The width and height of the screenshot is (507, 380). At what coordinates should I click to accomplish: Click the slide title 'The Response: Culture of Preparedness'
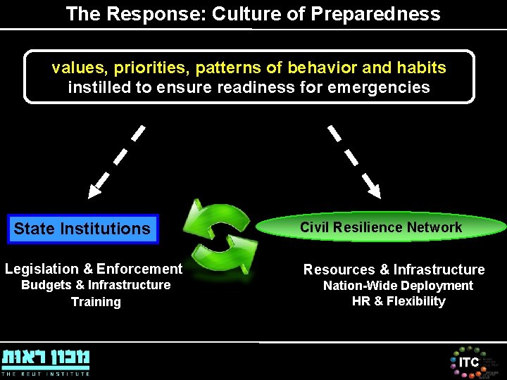tap(253, 14)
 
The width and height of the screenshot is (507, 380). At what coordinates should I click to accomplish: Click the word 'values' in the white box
tap(75, 68)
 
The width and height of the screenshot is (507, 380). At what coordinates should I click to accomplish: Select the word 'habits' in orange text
tap(423, 68)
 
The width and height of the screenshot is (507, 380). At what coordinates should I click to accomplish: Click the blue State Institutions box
tap(82, 229)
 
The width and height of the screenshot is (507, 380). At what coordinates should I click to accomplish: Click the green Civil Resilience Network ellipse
tap(381, 227)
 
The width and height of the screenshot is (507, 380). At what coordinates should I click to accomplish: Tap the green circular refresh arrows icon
tap(220, 240)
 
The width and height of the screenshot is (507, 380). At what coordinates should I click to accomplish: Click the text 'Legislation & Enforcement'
tap(94, 269)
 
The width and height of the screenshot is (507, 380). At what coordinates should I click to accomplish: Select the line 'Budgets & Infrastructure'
tap(96, 285)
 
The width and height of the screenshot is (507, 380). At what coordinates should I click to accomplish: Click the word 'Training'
tap(96, 302)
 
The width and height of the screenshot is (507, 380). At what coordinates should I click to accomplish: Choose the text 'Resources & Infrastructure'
tap(394, 270)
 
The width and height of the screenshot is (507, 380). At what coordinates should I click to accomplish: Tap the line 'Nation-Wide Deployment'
tap(398, 286)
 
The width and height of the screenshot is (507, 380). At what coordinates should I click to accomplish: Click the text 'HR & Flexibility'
tap(399, 301)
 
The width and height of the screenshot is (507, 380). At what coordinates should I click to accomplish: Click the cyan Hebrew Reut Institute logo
tap(46, 357)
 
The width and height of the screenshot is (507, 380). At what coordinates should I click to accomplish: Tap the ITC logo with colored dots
tap(468, 362)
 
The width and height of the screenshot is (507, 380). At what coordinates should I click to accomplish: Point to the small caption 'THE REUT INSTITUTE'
tap(46, 374)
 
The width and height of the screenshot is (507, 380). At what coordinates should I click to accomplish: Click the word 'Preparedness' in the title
tap(384, 14)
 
